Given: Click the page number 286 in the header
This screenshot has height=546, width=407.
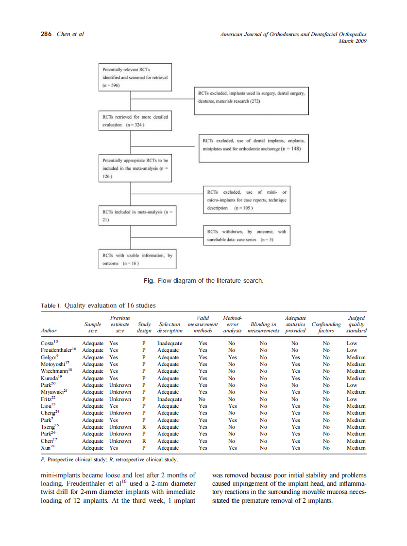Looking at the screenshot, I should point(47,34).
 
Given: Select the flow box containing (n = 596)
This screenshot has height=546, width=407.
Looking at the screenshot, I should point(135,77).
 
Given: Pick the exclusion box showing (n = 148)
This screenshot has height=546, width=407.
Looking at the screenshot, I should point(253,145).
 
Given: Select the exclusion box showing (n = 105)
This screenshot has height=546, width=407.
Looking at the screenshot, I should point(246,200).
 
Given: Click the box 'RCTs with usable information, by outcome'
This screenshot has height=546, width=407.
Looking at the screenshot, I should point(137,259).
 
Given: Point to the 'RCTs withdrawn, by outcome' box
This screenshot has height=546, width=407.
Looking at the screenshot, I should point(246,236).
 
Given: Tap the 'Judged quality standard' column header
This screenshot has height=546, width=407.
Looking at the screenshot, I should point(356,324).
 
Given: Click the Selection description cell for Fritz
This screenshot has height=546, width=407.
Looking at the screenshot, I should point(170,399).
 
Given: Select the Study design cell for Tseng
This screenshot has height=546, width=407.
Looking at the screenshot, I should point(144,427).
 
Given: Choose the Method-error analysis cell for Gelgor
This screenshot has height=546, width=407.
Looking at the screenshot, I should point(232,357).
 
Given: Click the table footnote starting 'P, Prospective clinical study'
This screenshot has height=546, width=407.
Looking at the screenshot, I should point(109,459).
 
